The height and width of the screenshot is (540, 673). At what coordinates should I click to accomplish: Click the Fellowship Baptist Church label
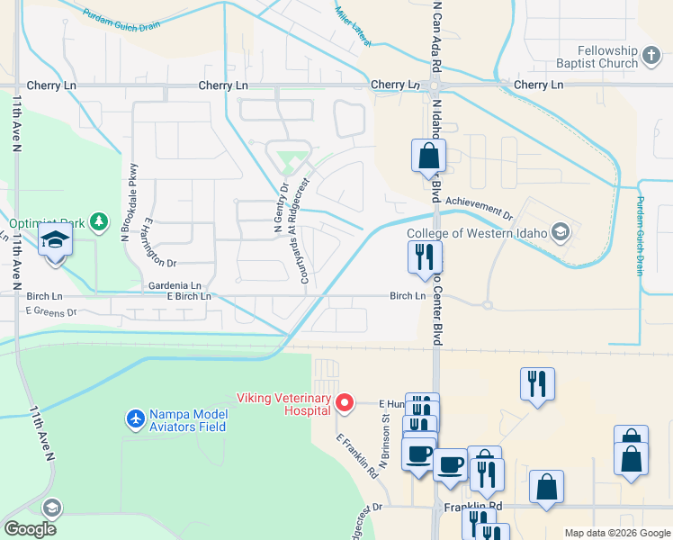[x=595, y=58]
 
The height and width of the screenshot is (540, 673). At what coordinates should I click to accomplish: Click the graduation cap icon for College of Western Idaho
[x=561, y=232]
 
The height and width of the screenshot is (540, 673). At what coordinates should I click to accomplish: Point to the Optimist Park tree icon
[x=99, y=221]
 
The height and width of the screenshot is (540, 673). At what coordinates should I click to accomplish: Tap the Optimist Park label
[x=47, y=222]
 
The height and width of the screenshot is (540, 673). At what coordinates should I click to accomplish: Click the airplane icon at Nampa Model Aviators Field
[x=135, y=420]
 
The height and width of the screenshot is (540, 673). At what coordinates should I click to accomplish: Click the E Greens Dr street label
[x=52, y=310]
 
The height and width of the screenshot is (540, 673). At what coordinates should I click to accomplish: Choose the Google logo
[x=30, y=528]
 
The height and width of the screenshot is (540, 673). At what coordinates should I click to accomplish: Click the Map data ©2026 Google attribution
[x=616, y=533]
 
